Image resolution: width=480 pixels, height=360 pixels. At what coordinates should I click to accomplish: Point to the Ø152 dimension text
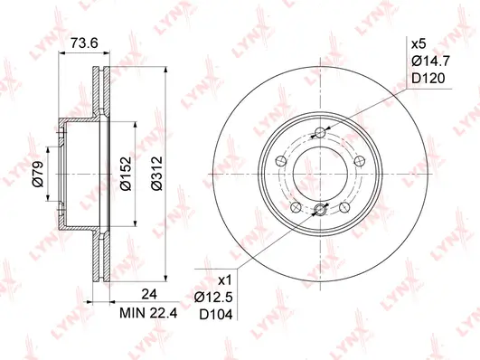click(127, 173)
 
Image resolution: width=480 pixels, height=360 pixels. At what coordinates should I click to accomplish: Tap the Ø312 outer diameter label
click(156, 173)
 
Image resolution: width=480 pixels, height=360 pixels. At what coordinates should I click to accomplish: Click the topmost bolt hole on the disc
click(319, 135)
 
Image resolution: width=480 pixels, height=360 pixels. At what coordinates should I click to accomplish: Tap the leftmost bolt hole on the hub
click(281, 161)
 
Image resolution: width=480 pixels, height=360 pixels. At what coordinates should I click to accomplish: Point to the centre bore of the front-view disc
click(319, 174)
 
